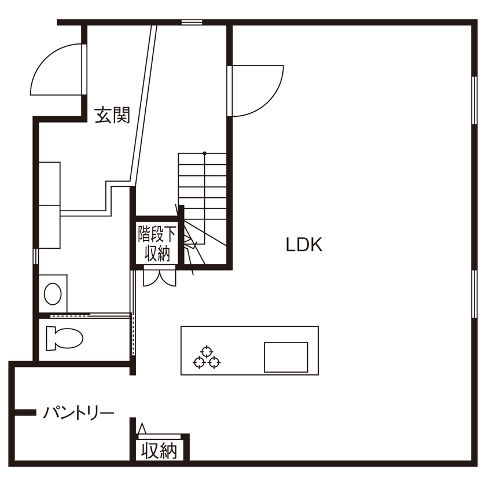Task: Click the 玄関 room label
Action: tap(112, 115)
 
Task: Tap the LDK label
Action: tap(304, 245)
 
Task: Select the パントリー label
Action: tap(79, 413)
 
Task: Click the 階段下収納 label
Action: tap(157, 244)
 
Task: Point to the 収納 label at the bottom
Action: tap(159, 451)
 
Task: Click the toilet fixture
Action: tap(64, 338)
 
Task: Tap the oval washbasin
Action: tap(53, 294)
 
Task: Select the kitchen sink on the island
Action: tap(286, 357)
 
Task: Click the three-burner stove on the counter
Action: tap(207, 358)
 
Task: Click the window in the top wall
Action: tap(192, 22)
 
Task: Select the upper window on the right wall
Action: tap(474, 100)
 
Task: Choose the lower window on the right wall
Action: tap(474, 294)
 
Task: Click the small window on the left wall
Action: tap(36, 256)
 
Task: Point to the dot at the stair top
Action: tap(205, 153)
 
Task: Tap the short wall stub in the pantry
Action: tap(25, 412)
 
